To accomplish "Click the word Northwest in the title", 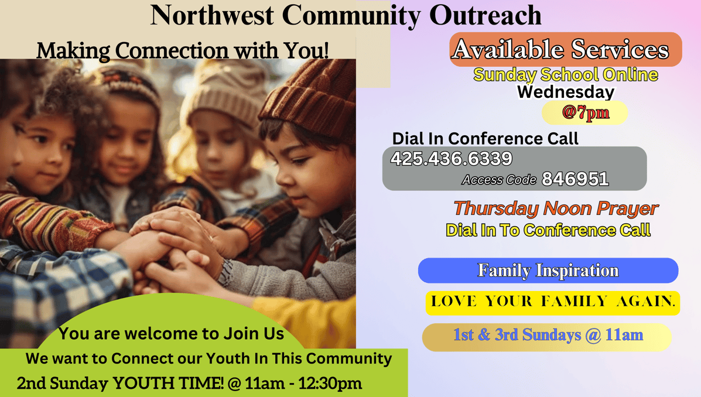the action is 212,15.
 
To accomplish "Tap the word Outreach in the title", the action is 485,15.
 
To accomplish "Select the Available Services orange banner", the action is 566,49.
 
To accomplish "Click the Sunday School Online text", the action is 566,75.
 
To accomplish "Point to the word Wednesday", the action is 566,92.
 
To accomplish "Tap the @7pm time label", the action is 585,112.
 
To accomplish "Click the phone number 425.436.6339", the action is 452,159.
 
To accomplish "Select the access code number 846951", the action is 575,179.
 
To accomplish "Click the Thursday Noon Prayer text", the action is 556,209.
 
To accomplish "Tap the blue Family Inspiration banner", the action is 548,271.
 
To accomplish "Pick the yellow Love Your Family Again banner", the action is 553,303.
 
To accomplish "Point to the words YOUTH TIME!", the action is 168,383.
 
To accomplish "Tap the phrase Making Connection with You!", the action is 182,50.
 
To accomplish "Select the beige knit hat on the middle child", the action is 221,94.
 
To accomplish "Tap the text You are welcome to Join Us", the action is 171,334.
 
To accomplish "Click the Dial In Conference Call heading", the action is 485,139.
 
